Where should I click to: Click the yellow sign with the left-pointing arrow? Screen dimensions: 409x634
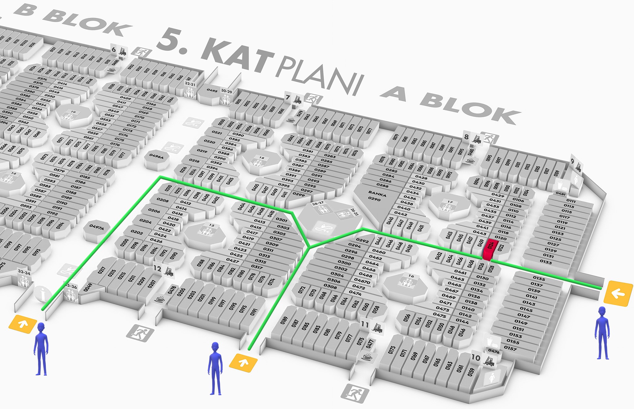point(618,293)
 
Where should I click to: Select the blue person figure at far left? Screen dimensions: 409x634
point(41,349)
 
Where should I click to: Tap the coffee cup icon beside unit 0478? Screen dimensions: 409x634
point(160,299)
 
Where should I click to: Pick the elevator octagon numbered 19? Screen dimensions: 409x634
point(73,116)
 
